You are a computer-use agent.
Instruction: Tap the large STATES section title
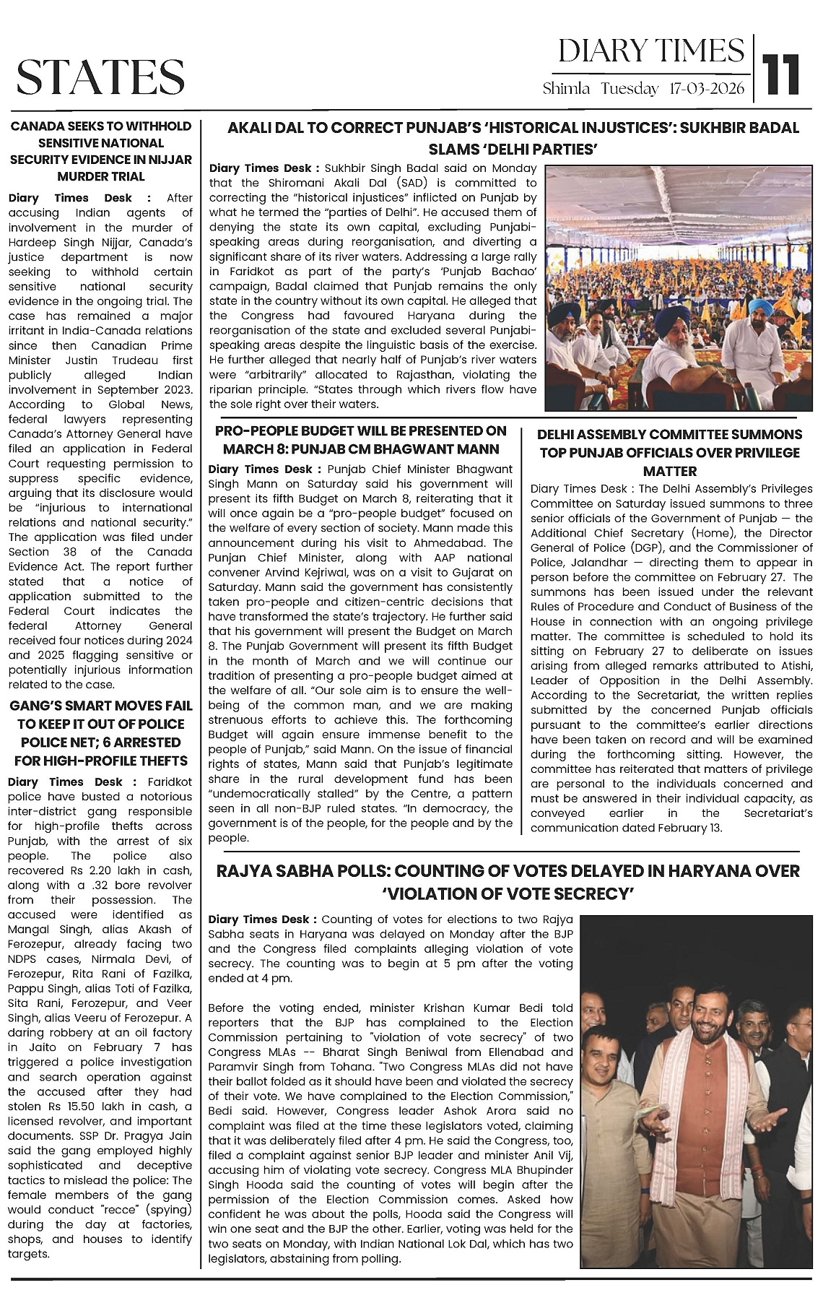pos(100,77)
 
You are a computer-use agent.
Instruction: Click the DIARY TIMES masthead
pos(651,51)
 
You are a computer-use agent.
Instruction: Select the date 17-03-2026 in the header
pos(707,89)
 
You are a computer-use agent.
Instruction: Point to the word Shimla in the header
pos(566,89)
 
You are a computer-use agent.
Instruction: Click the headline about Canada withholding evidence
pos(100,151)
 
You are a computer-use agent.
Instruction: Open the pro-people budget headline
pos(361,439)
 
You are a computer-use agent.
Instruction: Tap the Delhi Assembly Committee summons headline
pos(669,452)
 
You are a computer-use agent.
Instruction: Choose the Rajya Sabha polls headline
pos(508,882)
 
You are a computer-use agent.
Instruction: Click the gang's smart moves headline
pos(100,732)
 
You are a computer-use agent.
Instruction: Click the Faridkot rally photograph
pos(670,287)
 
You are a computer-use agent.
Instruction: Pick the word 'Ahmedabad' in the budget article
pos(461,543)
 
